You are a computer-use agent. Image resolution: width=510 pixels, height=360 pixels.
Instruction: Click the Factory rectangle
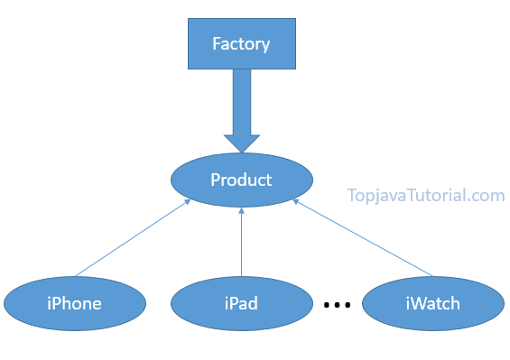tap(241, 43)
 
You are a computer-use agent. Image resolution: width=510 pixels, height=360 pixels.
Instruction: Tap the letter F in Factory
tap(217, 43)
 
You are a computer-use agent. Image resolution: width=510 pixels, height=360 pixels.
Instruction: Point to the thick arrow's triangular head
tap(241, 143)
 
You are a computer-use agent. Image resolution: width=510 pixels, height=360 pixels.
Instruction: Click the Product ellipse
tap(241, 180)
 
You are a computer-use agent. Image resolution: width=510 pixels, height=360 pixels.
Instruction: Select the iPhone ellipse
tap(74, 303)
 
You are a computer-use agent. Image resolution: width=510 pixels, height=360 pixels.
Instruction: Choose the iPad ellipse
tap(241, 303)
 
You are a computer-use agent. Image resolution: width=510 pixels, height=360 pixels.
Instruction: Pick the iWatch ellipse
tap(432, 303)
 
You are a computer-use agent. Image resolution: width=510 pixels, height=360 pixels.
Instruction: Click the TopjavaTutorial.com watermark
tap(425, 195)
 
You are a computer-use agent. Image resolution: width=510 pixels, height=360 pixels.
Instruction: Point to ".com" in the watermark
tap(487, 195)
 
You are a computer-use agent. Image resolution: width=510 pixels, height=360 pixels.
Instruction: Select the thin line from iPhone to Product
tap(131, 239)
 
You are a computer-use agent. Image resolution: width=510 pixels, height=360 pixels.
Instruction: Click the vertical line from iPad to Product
tap(241, 244)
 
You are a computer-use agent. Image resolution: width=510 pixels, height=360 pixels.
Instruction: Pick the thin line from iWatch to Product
tap(361, 239)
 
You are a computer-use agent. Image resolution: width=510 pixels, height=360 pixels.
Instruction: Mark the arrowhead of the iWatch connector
tap(295, 203)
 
